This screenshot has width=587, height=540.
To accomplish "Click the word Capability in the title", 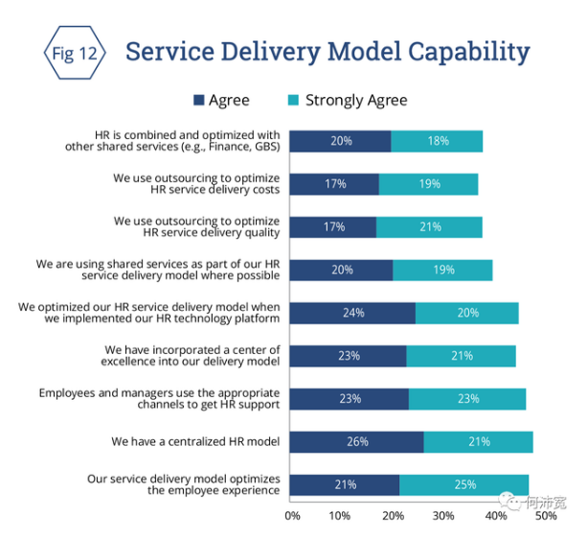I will (462, 52).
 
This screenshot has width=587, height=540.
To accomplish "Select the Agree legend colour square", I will (199, 100).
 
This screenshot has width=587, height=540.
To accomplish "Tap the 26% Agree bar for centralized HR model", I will (356, 442).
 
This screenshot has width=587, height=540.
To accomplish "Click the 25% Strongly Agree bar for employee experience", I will (463, 485).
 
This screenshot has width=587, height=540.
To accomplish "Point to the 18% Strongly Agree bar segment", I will (437, 141).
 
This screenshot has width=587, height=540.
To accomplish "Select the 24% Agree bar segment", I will (352, 313).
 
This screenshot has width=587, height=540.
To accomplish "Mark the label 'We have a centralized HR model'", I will (195, 442).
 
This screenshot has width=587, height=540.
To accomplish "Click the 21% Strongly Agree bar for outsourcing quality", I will (429, 227).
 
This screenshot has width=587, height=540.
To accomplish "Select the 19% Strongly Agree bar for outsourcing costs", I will (428, 184).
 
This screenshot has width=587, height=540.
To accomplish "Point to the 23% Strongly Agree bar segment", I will (467, 399).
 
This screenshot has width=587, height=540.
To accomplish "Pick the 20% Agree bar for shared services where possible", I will (341, 270).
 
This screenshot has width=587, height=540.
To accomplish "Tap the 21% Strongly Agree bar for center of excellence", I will (461, 356).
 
